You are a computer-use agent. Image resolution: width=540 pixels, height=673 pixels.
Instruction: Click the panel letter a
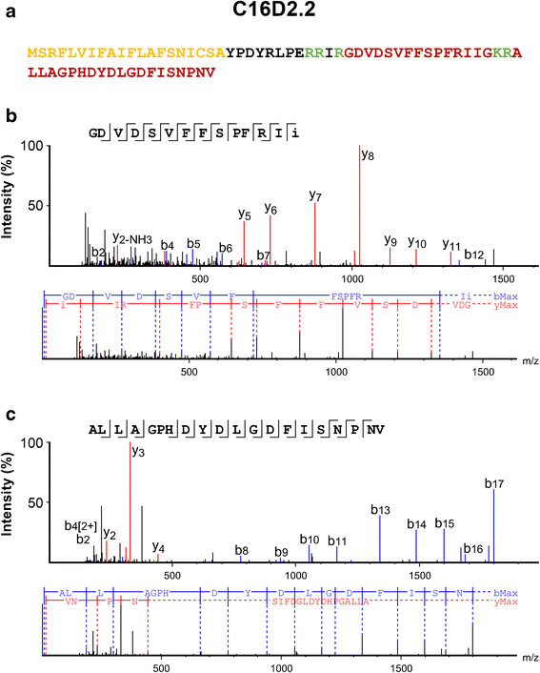point(10,13)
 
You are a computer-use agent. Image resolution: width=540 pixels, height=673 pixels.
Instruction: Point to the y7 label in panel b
point(316,194)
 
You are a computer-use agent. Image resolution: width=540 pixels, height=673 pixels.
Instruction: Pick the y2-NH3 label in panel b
point(131,237)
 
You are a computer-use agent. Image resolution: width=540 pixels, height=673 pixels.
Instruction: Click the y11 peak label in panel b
point(451,245)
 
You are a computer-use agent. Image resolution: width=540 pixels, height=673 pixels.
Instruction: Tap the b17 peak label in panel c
point(494,484)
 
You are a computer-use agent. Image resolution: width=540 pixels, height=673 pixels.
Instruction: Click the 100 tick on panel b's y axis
point(35,145)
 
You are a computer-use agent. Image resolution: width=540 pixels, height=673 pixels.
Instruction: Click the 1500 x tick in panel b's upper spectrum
point(502,277)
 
